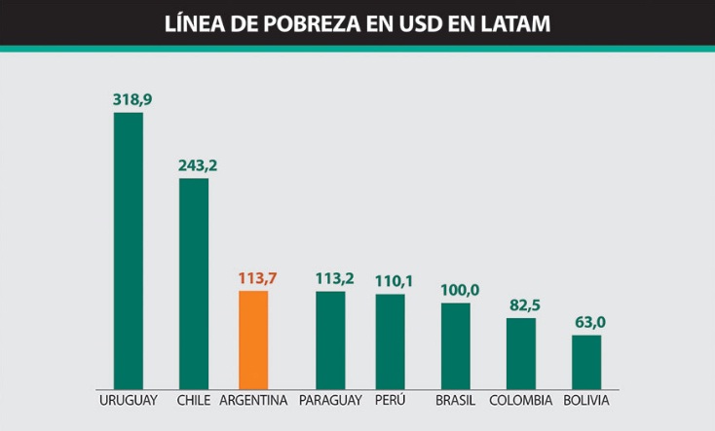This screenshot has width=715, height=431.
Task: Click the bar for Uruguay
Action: pos(129,251)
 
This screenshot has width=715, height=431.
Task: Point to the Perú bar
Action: pos(391,341)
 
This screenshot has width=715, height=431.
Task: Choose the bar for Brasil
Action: pos(456,346)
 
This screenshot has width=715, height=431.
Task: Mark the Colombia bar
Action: pos(521,354)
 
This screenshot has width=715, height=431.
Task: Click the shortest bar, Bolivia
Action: pos(586,362)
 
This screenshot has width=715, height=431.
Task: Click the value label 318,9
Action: pos(132,99)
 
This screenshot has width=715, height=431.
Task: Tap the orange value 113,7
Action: pos(257,278)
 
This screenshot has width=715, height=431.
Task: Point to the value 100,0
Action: pos(460,290)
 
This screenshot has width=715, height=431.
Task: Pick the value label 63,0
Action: pos(589,322)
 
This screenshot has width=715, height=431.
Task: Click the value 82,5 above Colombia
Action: pos(524,305)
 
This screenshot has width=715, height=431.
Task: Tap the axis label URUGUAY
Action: pos(129,401)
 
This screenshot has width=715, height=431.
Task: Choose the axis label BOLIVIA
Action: pos(586,401)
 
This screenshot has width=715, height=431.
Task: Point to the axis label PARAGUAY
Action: pos(331,401)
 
